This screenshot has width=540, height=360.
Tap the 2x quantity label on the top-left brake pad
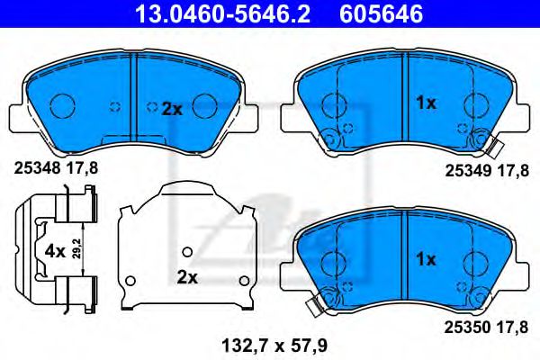click(171, 109)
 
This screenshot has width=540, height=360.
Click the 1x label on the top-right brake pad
click(425, 103)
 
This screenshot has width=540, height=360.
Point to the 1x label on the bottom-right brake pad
click(425, 259)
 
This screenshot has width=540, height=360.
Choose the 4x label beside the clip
click(53, 252)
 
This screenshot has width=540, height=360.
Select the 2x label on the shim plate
click(186, 277)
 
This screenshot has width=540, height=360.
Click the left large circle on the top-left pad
click(62, 107)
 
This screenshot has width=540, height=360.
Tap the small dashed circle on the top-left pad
click(114, 107)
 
